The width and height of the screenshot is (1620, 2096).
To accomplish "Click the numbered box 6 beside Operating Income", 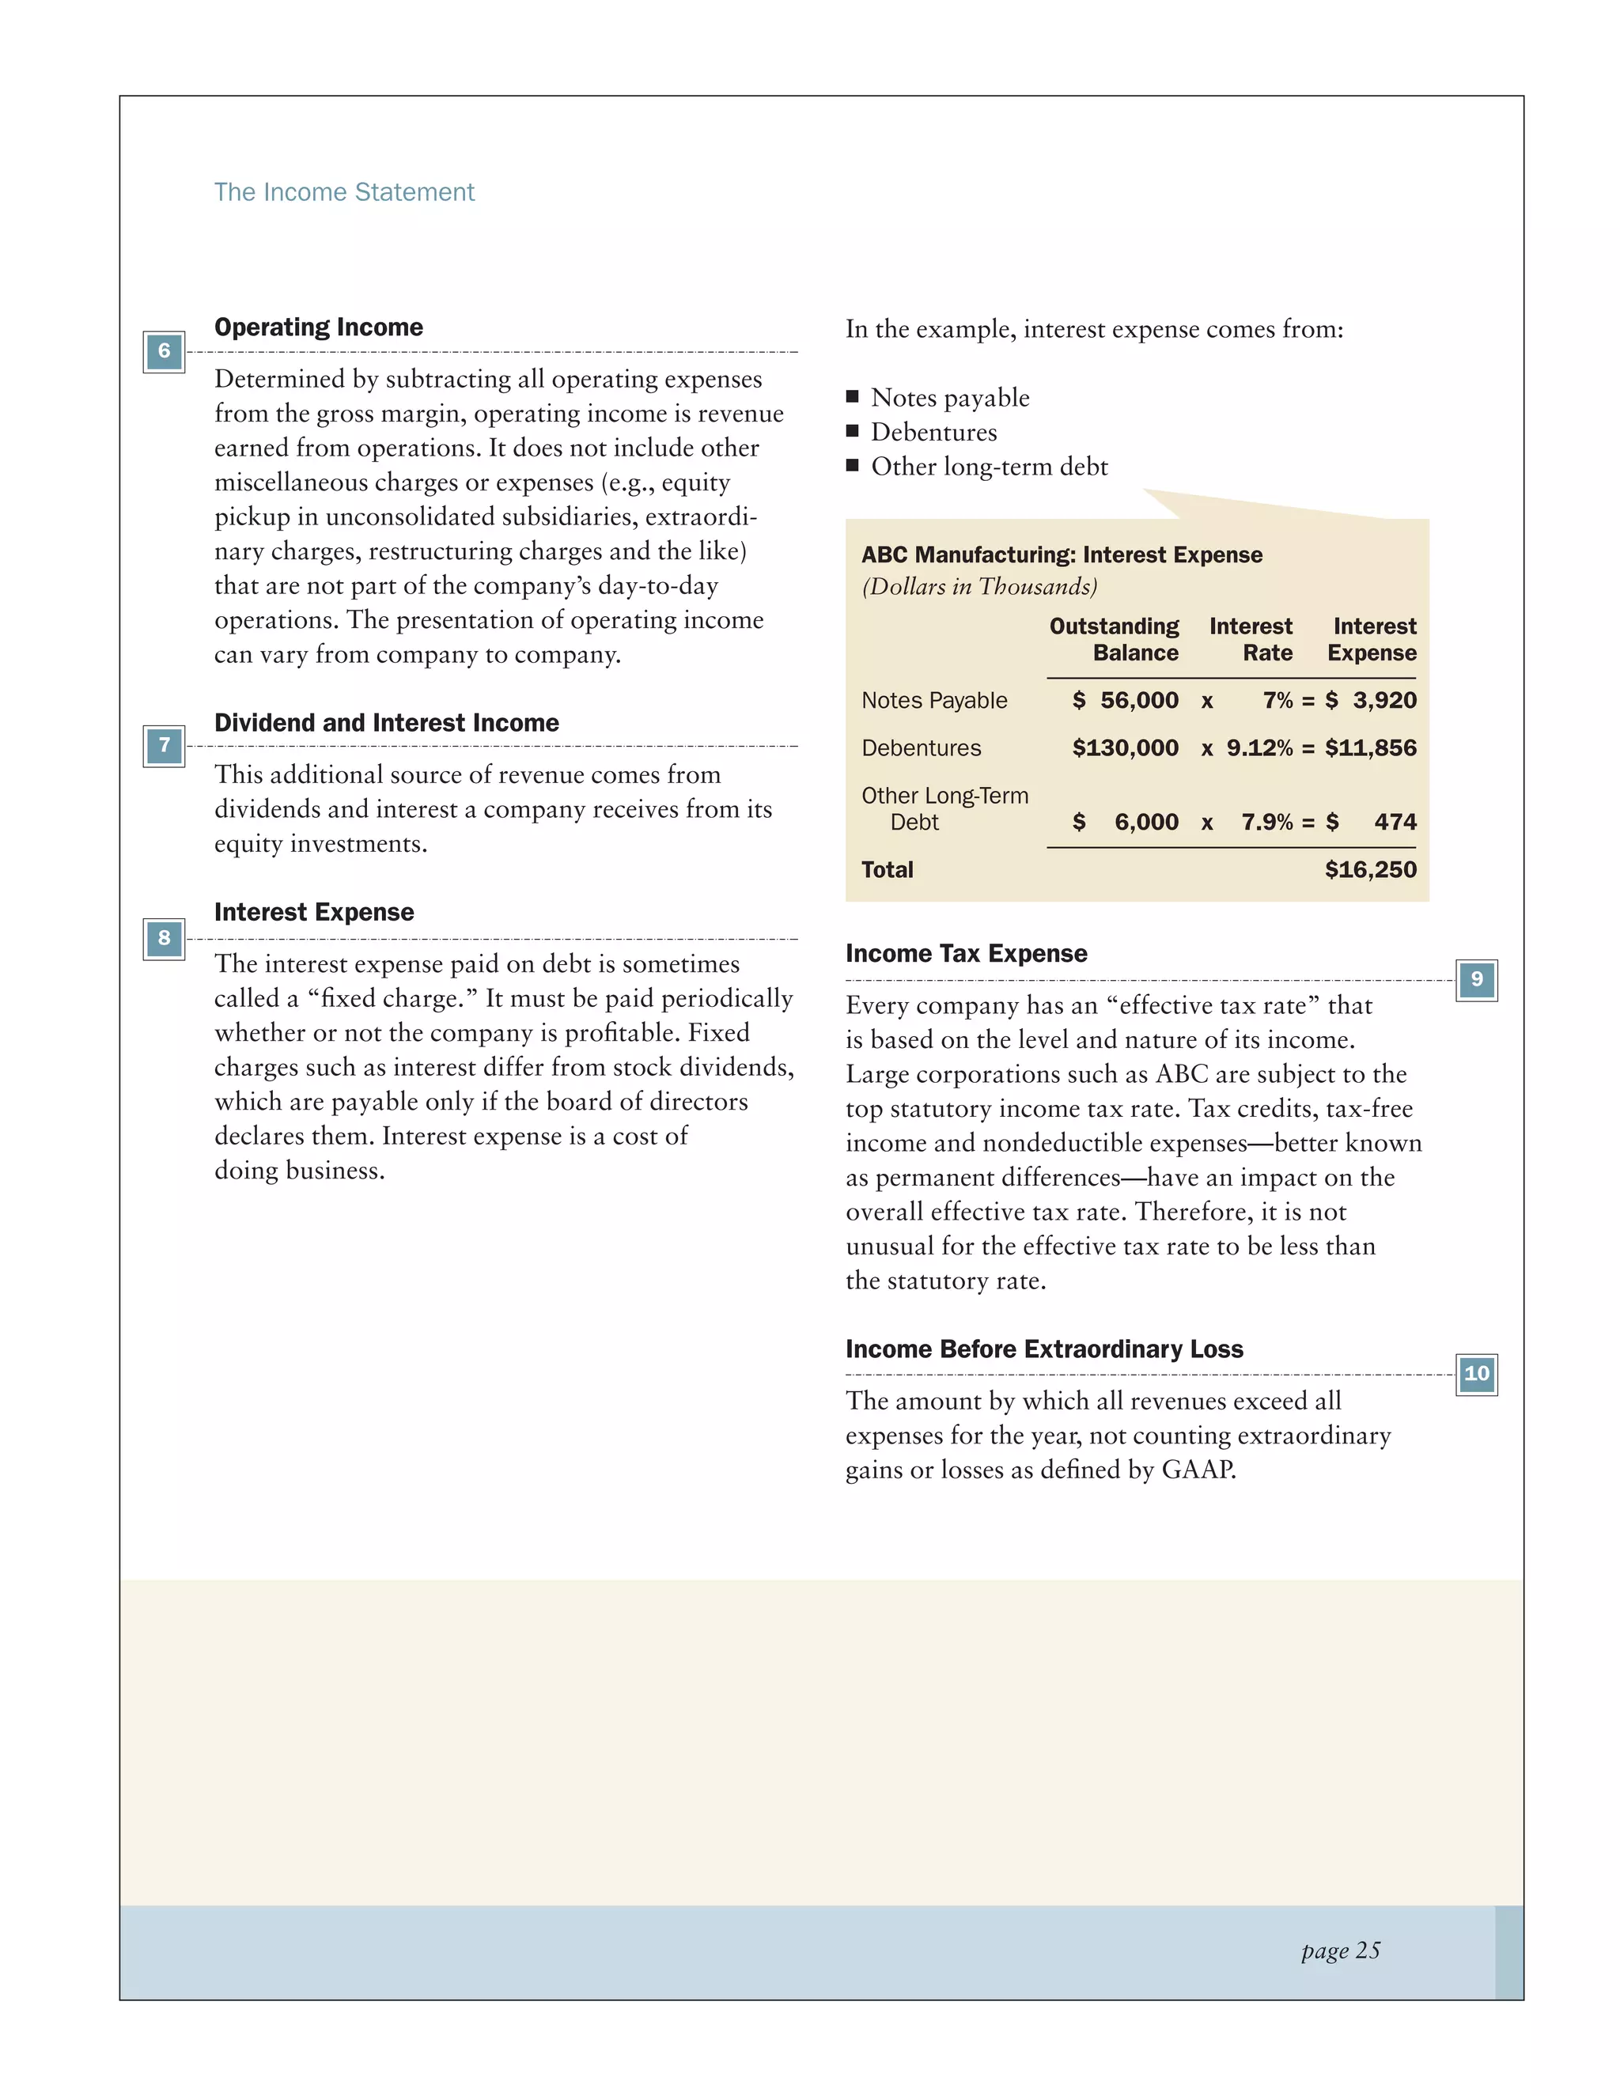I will [164, 351].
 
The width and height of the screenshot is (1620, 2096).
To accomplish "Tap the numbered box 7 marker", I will [164, 746].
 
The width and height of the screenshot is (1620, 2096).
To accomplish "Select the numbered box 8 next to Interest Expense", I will [164, 939].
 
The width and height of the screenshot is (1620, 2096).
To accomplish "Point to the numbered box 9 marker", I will [1476, 980].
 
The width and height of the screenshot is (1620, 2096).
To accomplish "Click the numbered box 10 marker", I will [1476, 1375].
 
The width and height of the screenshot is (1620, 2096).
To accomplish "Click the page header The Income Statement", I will [343, 193].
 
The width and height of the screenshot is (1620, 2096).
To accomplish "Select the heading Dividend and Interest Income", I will [386, 723].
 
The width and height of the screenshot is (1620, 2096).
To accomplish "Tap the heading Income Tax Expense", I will [966, 954].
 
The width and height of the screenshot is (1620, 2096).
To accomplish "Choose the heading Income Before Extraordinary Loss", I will [1043, 1349].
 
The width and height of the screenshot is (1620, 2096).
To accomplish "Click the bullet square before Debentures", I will [852, 432].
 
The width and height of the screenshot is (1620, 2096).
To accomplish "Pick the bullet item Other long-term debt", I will [989, 467].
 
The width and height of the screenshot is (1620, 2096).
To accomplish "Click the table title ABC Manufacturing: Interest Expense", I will [1062, 554].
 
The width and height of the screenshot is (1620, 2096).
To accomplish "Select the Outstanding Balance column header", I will [1115, 639].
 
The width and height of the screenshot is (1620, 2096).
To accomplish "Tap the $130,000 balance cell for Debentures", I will [1125, 748].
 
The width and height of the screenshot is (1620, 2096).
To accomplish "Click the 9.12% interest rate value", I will [1259, 748].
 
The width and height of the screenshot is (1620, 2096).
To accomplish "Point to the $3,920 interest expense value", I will [1371, 701].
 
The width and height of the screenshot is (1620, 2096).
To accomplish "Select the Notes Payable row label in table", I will [934, 701].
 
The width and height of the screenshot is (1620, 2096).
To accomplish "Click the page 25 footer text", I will [1340, 1950].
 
